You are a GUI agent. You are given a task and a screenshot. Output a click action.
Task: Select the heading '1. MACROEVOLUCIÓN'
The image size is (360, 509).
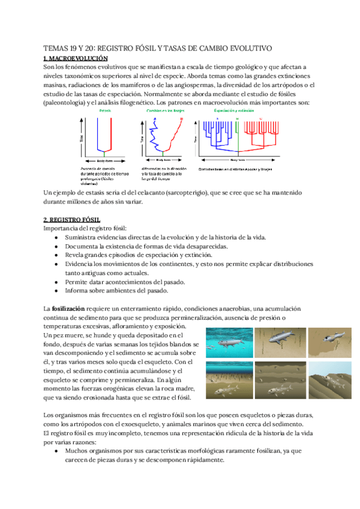(76, 58)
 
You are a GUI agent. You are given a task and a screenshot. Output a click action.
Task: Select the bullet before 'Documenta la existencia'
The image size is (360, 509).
(56, 247)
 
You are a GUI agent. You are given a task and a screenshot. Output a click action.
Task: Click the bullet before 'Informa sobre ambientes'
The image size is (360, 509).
(56, 291)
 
